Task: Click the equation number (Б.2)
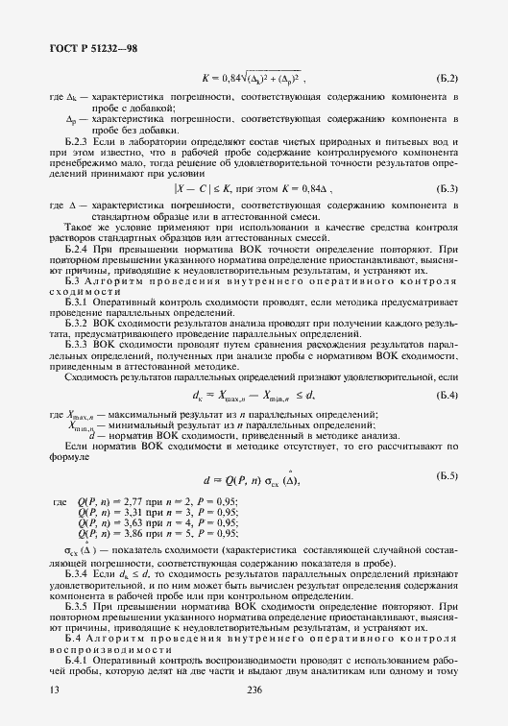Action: pyautogui.click(x=445, y=78)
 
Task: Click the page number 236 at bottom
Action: pyautogui.click(x=254, y=690)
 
